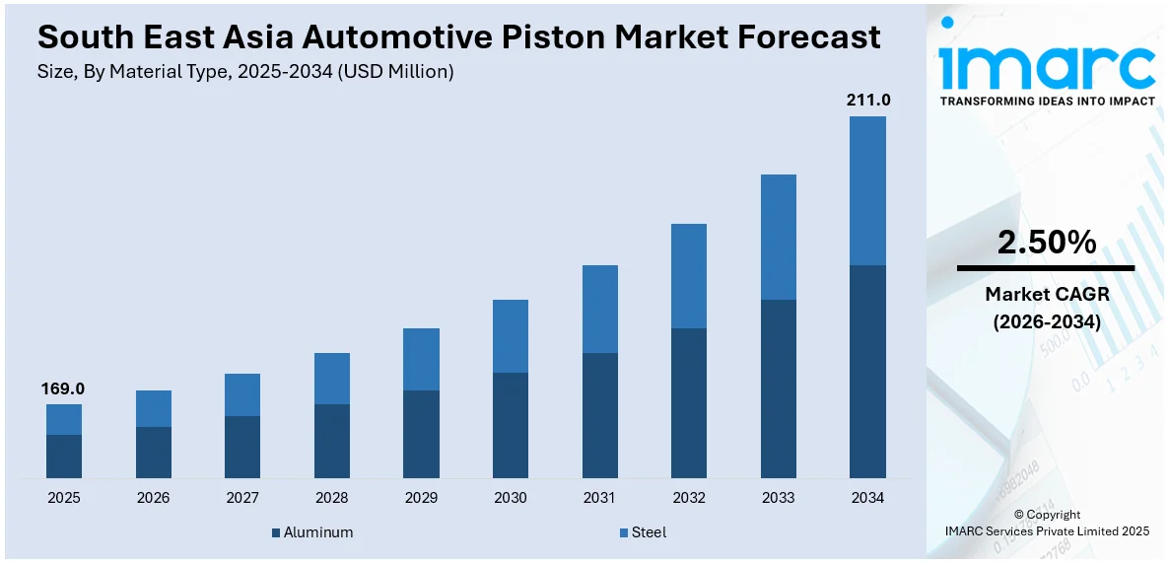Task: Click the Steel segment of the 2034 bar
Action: tap(867, 190)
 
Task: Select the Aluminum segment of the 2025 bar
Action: tap(64, 457)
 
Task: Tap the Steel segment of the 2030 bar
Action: tap(511, 336)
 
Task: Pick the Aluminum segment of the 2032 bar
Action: tap(689, 403)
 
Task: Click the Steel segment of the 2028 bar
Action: tap(332, 379)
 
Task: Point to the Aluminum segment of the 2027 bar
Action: tap(242, 448)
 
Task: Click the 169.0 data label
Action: tap(63, 388)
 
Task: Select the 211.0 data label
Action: tap(867, 100)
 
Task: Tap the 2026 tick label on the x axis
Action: tap(153, 498)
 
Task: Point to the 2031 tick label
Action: tap(599, 498)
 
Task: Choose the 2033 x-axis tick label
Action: tap(778, 498)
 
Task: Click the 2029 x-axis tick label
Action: tap(421, 498)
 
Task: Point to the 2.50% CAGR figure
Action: tap(1046, 242)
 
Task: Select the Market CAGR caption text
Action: tap(1046, 294)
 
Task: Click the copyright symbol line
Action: tap(1046, 515)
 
